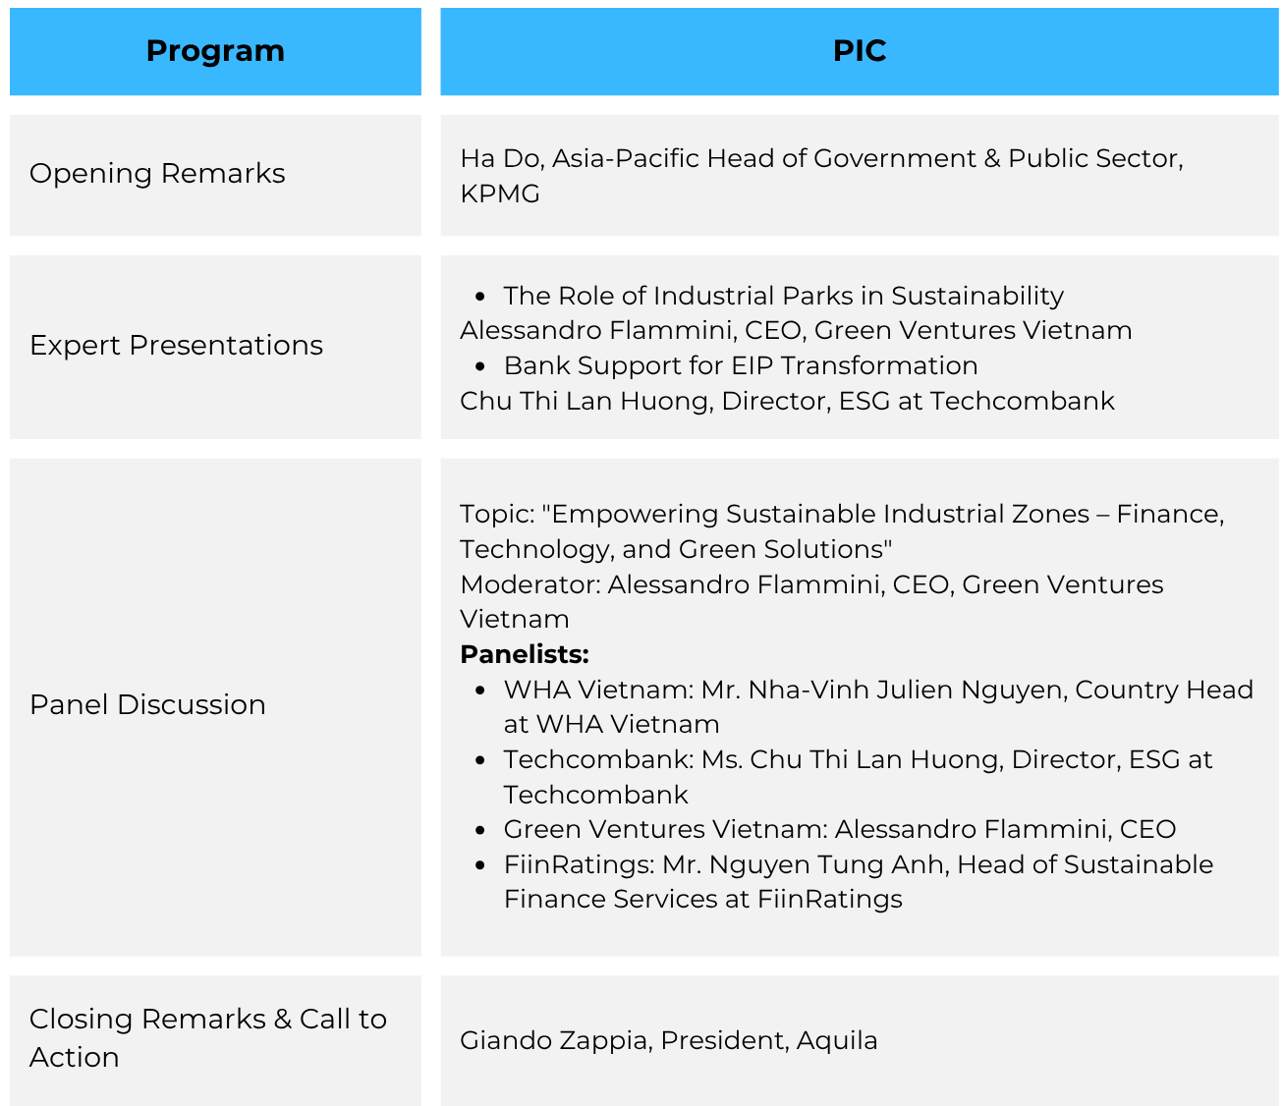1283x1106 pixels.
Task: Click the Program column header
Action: pyautogui.click(x=215, y=51)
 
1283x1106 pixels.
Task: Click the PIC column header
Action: pyautogui.click(x=859, y=51)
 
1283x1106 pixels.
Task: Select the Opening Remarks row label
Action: pyautogui.click(x=157, y=173)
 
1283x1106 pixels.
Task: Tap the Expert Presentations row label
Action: pyautogui.click(x=176, y=345)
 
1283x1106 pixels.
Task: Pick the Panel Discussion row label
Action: pyautogui.click(x=147, y=704)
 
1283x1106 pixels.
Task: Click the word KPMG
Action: pyautogui.click(x=500, y=194)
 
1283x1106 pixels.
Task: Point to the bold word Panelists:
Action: pyautogui.click(x=524, y=654)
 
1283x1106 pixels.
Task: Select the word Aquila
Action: pyautogui.click(x=837, y=1041)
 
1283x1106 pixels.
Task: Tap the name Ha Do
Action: pyautogui.click(x=502, y=159)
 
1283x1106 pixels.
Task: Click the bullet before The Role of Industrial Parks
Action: pyautogui.click(x=479, y=297)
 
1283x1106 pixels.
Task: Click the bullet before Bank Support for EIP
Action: pyautogui.click(x=479, y=366)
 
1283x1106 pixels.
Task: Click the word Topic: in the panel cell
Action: pyautogui.click(x=497, y=515)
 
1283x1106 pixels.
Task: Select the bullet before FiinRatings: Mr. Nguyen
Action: pyautogui.click(x=479, y=865)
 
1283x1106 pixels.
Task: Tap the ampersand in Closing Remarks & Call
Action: pyautogui.click(x=282, y=1020)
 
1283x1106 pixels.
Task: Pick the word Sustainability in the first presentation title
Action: pyautogui.click(x=976, y=297)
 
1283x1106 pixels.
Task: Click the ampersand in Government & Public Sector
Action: pyautogui.click(x=991, y=159)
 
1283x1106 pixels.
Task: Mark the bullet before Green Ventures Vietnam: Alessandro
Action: pyautogui.click(x=479, y=830)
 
